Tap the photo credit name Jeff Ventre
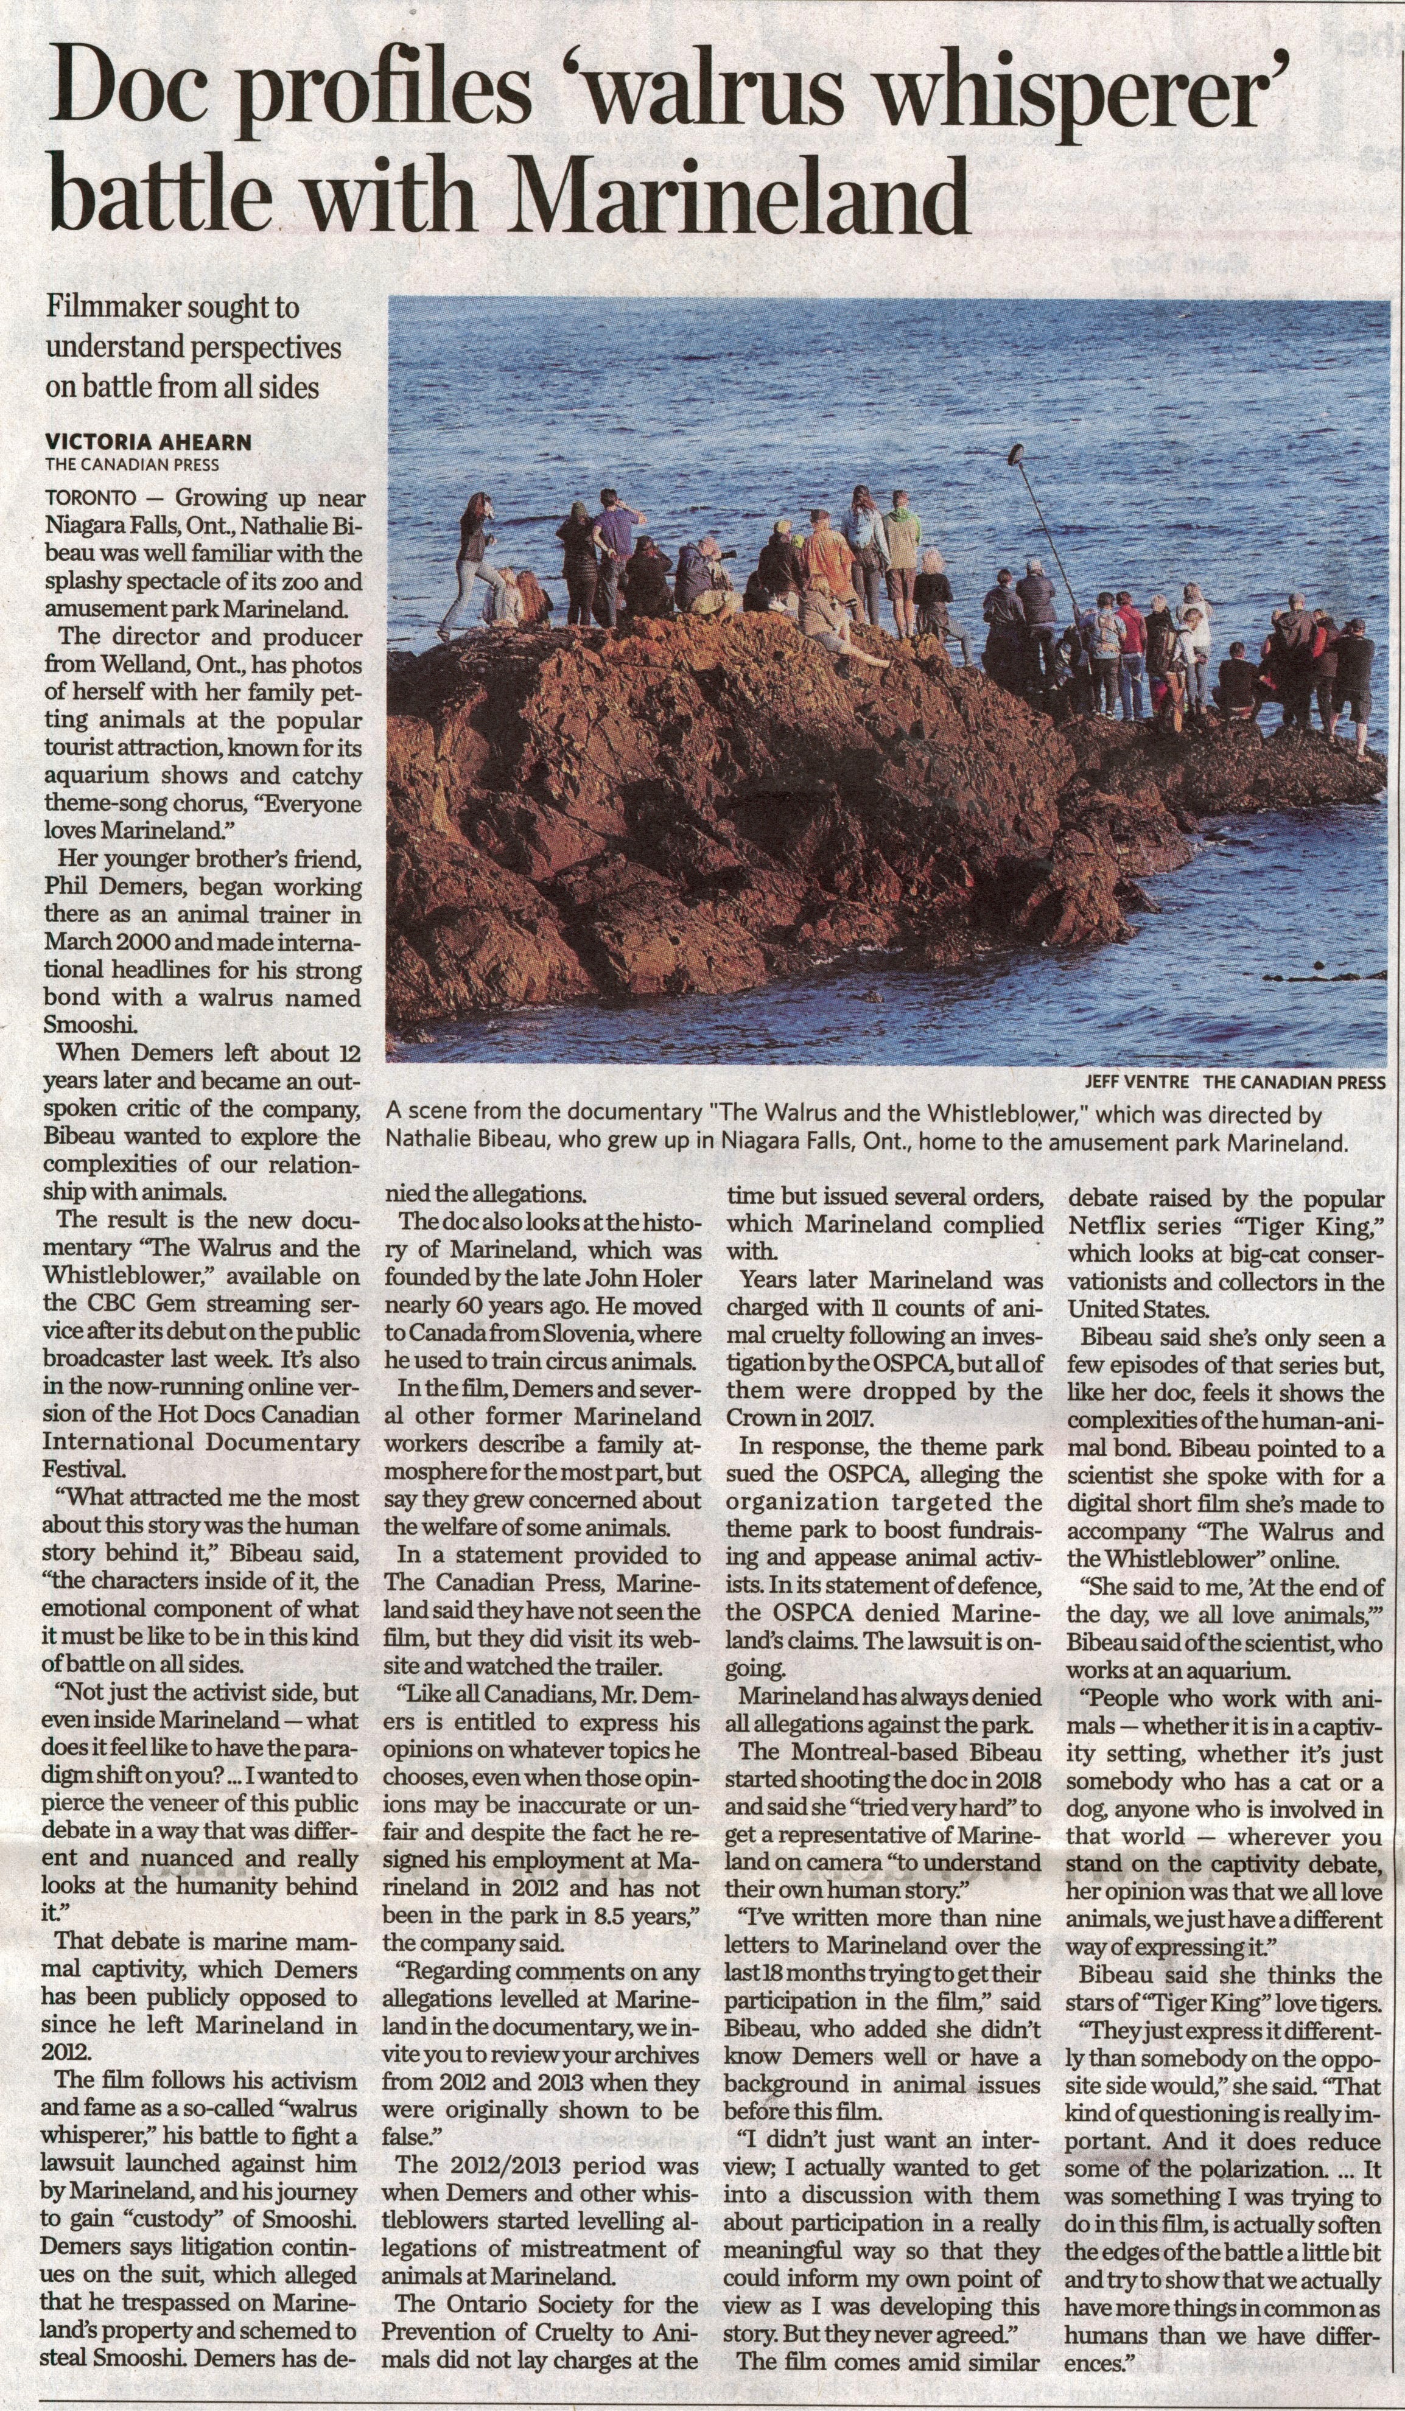1136,1082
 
